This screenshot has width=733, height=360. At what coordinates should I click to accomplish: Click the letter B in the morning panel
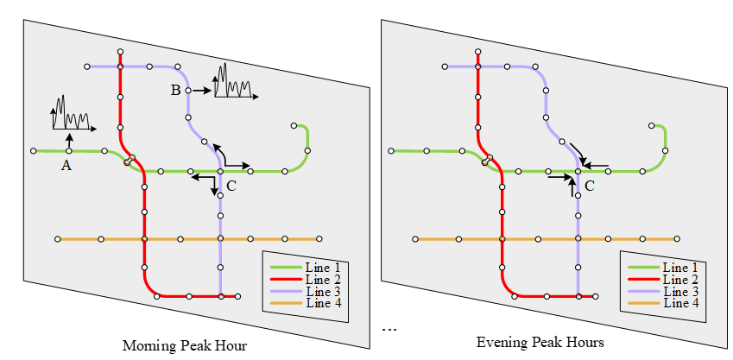175,90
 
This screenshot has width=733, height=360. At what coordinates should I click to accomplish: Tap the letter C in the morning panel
231,186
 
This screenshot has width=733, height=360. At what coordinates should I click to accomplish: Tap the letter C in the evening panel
590,186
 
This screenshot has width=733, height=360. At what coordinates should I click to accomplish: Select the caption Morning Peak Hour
185,346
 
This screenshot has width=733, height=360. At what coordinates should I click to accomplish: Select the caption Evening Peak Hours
541,343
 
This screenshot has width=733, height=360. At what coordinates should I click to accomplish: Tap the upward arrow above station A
69,141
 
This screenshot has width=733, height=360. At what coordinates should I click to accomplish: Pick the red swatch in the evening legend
642,280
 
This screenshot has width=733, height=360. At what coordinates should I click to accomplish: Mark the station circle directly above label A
69,151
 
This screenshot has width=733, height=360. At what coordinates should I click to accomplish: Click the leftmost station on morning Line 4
58,239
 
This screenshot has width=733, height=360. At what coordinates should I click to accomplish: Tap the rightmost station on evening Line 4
677,239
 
